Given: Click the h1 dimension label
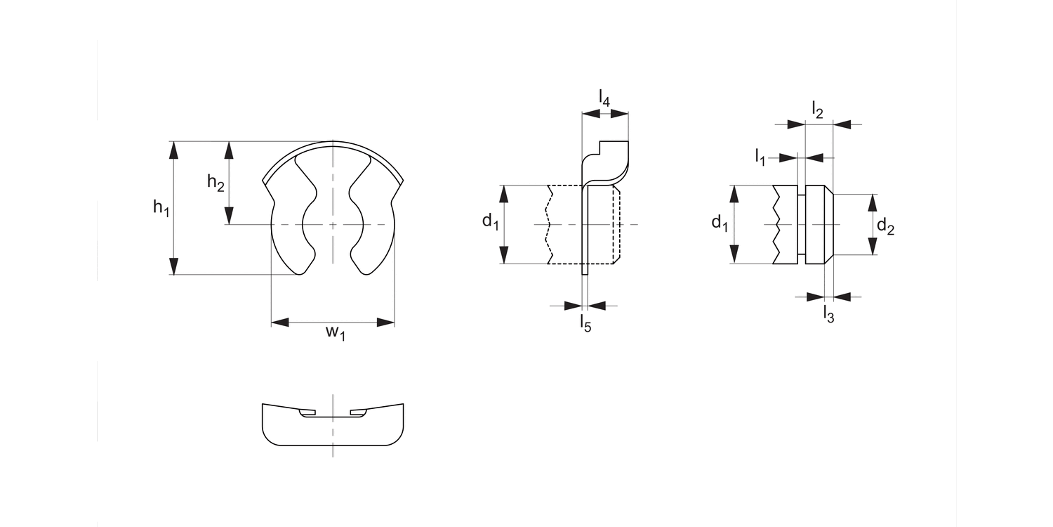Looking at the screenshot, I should tap(161, 207).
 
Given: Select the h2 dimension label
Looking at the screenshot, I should tap(216, 183).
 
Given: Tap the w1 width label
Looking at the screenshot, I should tap(336, 332).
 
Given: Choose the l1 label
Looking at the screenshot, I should tap(760, 156).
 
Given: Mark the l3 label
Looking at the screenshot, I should tap(828, 314).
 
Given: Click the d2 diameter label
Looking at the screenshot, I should tap(885, 227).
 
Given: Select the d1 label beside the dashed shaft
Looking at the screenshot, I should tap(490, 222).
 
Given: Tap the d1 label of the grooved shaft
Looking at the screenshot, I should tap(719, 223).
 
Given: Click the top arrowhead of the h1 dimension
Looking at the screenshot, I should tap(174, 150).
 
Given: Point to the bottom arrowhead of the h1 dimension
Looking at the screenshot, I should tap(174, 266).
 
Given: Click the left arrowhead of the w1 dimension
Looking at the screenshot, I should tap(280, 323).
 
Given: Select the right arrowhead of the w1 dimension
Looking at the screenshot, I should tap(385, 323).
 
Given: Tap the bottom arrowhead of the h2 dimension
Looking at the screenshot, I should tap(229, 216).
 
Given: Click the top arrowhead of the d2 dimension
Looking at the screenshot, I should tap(872, 202).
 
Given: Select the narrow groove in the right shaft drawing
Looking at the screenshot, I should tap(802, 224).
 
